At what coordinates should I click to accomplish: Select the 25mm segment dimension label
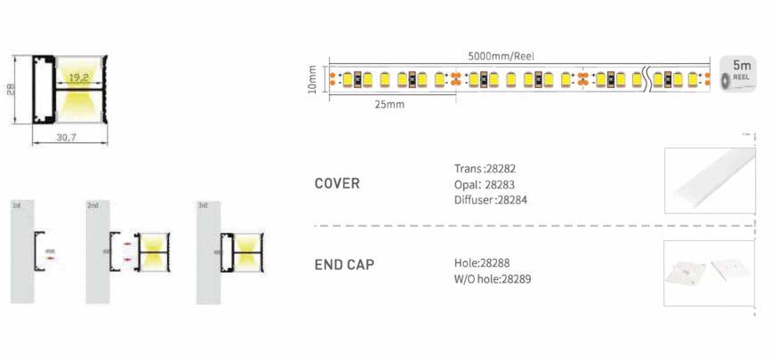click(x=389, y=105)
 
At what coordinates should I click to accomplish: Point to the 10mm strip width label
click(x=312, y=79)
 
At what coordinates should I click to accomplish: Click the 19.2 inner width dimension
click(x=77, y=77)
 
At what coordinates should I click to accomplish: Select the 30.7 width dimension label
click(x=68, y=138)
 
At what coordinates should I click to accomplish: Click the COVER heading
click(x=337, y=184)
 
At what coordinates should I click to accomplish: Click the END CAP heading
click(x=344, y=265)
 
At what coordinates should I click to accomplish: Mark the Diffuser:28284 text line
click(x=489, y=200)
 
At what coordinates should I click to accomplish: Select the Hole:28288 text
click(x=480, y=263)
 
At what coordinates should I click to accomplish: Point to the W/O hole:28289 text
click(x=493, y=280)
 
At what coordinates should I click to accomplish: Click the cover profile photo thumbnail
click(x=710, y=180)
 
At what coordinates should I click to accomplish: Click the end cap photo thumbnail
click(x=710, y=270)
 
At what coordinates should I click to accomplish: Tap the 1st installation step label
click(x=16, y=206)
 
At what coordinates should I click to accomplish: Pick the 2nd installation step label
click(x=92, y=206)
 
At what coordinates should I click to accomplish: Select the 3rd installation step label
click(x=203, y=206)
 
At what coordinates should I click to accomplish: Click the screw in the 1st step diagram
click(x=49, y=252)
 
